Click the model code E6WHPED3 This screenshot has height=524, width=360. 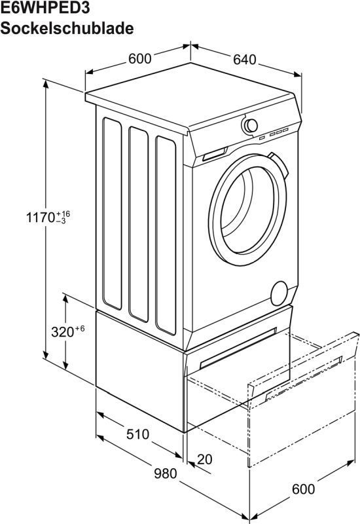click(x=45, y=7)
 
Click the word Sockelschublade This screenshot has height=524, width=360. click(x=67, y=28)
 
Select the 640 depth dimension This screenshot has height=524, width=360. click(x=244, y=60)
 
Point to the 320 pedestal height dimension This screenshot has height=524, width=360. click(x=62, y=332)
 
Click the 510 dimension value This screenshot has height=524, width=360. click(x=137, y=434)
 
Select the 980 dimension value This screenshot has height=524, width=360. click(x=166, y=474)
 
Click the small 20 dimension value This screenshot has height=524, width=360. click(x=204, y=460)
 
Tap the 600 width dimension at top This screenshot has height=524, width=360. click(x=140, y=58)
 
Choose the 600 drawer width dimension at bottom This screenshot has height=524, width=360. click(x=303, y=489)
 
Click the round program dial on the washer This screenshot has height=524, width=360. click(x=250, y=126)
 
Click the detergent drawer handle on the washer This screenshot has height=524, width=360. click(x=215, y=154)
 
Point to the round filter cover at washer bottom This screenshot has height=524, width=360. click(x=279, y=293)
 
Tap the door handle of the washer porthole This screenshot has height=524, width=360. click(x=279, y=166)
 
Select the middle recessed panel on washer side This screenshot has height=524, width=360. click(x=138, y=224)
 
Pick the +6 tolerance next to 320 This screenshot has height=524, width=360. click(x=80, y=329)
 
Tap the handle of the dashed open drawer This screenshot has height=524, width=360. click(x=304, y=378)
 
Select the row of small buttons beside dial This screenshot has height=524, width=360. click(x=274, y=134)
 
